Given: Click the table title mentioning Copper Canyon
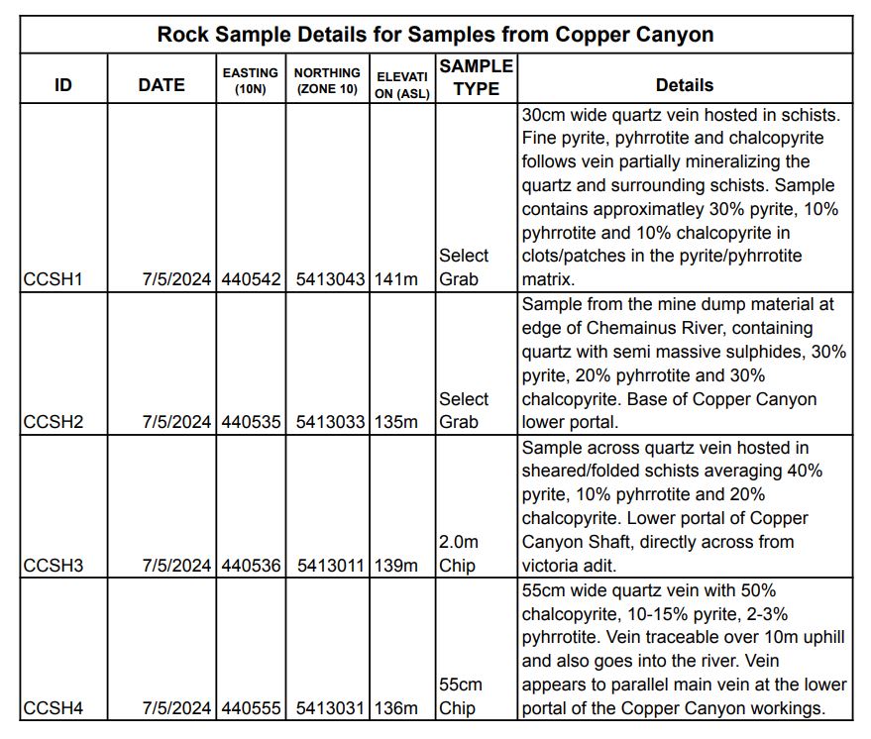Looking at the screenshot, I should pyautogui.click(x=436, y=35).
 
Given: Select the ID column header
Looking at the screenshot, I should pyautogui.click(x=63, y=85).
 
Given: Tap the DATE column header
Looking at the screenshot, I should pyautogui.click(x=162, y=85).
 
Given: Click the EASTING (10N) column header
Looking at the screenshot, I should pyautogui.click(x=250, y=80).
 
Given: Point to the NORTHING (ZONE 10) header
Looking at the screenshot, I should pyautogui.click(x=327, y=80).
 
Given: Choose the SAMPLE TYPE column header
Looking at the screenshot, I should pyautogui.click(x=476, y=76).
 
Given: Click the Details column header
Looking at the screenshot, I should pyautogui.click(x=684, y=85).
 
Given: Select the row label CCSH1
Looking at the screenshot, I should pyautogui.click(x=53, y=279).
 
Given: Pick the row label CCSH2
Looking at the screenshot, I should pyautogui.click(x=53, y=422).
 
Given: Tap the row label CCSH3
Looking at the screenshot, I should pyautogui.click(x=53, y=566).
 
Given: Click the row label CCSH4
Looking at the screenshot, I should pyautogui.click(x=53, y=708).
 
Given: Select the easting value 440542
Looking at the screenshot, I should pyautogui.click(x=251, y=279).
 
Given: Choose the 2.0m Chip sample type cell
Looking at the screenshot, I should pyautogui.click(x=459, y=554).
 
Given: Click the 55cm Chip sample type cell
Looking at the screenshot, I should pyautogui.click(x=461, y=696).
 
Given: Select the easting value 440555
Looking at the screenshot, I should pyautogui.click(x=251, y=708).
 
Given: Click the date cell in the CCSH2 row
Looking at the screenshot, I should pyautogui.click(x=176, y=422).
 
